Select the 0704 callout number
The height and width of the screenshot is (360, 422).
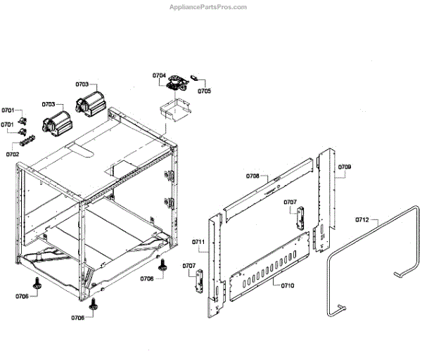159,75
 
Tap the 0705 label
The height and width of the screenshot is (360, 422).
204,91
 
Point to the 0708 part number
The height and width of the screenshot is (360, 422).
253,176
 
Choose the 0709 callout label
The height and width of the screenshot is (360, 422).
345,167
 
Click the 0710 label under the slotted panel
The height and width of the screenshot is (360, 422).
288,285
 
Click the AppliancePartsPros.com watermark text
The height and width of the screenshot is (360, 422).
209,7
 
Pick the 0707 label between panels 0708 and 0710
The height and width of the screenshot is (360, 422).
290,202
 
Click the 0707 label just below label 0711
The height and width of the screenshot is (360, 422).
188,265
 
